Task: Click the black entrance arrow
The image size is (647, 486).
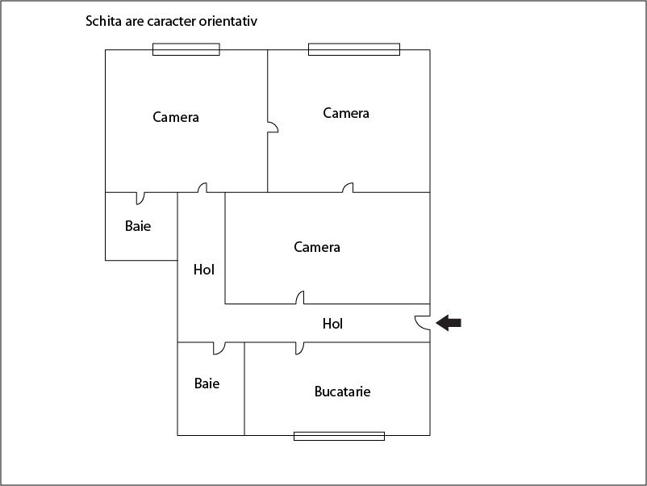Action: pos(449,323)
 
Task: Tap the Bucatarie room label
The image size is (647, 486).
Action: pos(342,392)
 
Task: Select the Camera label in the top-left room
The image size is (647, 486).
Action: pos(176,117)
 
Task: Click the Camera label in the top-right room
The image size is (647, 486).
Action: pos(346,113)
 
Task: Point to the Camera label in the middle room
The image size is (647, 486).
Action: pos(317,247)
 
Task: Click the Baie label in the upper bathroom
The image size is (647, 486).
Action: pos(138,226)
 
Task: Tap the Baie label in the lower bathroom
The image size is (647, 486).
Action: pos(207,383)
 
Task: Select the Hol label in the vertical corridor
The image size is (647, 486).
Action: pos(204,270)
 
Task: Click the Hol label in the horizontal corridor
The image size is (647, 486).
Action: pos(332,324)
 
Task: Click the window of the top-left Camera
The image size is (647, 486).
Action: pos(186,49)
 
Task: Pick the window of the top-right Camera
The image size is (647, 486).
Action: pos(354,49)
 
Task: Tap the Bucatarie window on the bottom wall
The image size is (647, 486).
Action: pos(339,436)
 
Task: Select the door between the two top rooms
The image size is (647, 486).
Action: pos(273,128)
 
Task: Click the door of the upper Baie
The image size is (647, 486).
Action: pos(140,197)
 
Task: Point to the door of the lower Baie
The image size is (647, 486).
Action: pos(219,348)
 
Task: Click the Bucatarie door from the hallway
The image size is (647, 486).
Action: pos(300,348)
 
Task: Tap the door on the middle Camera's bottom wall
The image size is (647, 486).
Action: pos(300,298)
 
